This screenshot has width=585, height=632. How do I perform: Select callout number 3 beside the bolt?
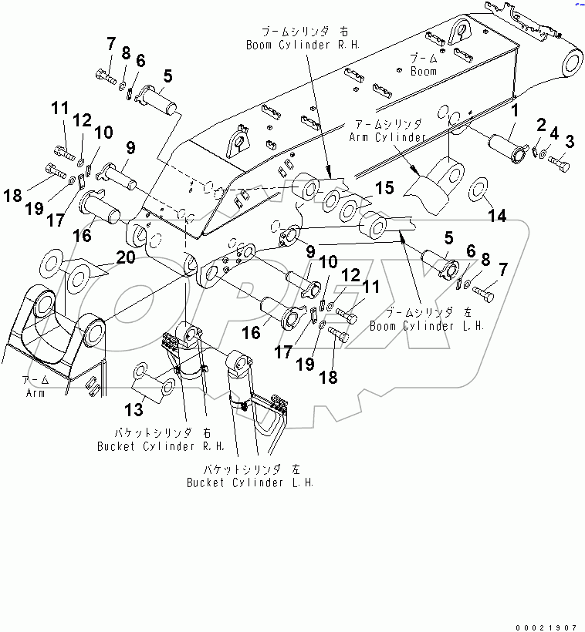[570, 141]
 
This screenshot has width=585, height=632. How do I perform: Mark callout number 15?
[384, 188]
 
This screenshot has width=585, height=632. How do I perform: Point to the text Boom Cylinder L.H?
[427, 326]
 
